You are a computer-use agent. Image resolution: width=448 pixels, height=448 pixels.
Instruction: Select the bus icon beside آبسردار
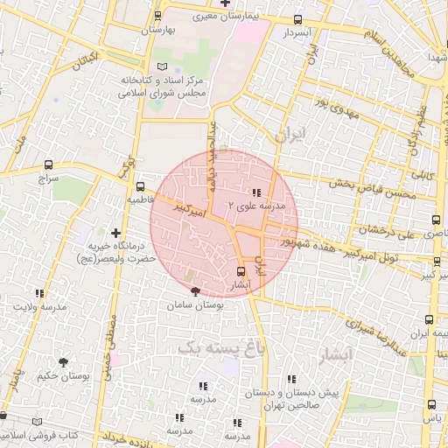click(x=297, y=19)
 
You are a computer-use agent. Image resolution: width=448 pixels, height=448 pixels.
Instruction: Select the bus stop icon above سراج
click(x=46, y=164)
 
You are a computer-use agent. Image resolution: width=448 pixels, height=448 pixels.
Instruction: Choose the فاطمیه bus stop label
click(x=141, y=199)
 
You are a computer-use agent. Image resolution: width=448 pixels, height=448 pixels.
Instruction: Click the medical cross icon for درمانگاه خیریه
click(x=115, y=233)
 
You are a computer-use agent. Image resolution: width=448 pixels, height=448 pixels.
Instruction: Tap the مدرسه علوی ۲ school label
click(x=256, y=206)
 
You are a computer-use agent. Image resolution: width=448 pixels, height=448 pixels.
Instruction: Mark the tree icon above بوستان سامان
click(x=194, y=291)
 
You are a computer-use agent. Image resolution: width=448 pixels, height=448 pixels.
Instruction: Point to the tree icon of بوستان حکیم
click(x=63, y=360)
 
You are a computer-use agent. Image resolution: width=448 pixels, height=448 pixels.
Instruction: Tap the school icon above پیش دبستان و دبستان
click(x=291, y=379)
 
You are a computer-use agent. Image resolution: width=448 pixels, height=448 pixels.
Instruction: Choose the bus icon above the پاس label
click(x=431, y=403)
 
